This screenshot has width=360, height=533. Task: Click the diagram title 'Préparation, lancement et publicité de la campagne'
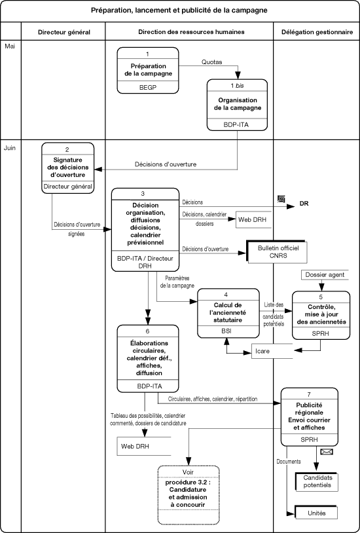point(179,10)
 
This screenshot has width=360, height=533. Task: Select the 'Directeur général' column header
point(64,32)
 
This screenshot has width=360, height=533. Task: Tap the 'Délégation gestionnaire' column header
point(317,32)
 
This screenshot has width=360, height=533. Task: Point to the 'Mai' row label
point(10,46)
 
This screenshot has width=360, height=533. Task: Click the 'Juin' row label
point(10,148)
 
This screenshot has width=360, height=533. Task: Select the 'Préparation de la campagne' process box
point(148,70)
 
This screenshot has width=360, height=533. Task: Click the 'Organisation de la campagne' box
point(238,105)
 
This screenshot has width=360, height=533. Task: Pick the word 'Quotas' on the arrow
point(212,62)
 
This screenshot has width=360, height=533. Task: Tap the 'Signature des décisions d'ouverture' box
point(68,168)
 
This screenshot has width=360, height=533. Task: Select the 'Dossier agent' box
point(325,274)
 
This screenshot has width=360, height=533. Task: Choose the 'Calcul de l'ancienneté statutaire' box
point(228,313)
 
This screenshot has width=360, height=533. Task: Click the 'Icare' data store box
point(272,351)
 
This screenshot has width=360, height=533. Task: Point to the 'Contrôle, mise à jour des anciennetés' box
point(321,315)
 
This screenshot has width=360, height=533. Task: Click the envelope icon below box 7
point(327,452)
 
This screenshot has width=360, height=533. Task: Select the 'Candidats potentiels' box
point(317,482)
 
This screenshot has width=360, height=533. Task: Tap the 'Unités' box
point(316,513)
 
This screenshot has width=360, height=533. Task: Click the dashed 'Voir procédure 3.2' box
point(189,495)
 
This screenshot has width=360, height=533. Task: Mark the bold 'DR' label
point(304,204)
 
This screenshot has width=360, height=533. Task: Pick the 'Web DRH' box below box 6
point(144,446)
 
